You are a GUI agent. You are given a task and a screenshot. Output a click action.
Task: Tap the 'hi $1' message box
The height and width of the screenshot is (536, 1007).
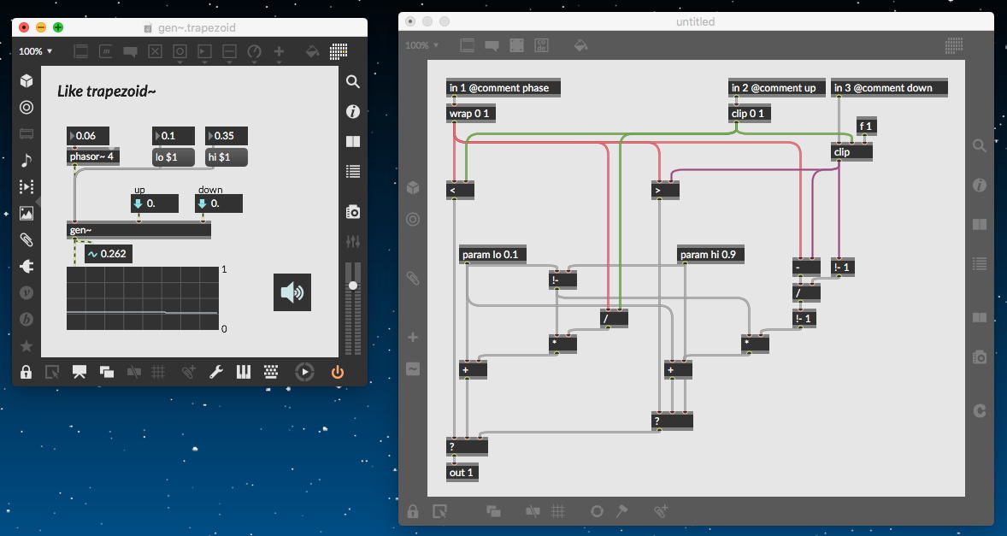click(226, 156)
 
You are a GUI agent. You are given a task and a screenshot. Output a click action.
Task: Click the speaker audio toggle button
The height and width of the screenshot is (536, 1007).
click(291, 292)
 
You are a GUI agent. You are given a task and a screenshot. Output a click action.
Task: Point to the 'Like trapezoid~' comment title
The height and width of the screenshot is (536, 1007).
click(106, 91)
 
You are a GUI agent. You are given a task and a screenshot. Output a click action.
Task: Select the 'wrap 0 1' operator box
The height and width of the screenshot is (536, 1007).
click(471, 114)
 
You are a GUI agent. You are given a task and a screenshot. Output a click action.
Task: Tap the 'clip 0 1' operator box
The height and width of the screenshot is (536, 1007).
click(750, 114)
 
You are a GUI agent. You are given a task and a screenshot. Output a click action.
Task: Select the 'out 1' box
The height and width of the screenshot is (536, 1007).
click(461, 473)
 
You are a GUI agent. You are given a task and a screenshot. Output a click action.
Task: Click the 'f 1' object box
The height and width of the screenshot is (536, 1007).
click(867, 127)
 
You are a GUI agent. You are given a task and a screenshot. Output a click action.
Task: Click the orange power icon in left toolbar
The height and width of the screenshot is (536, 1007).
click(337, 372)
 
